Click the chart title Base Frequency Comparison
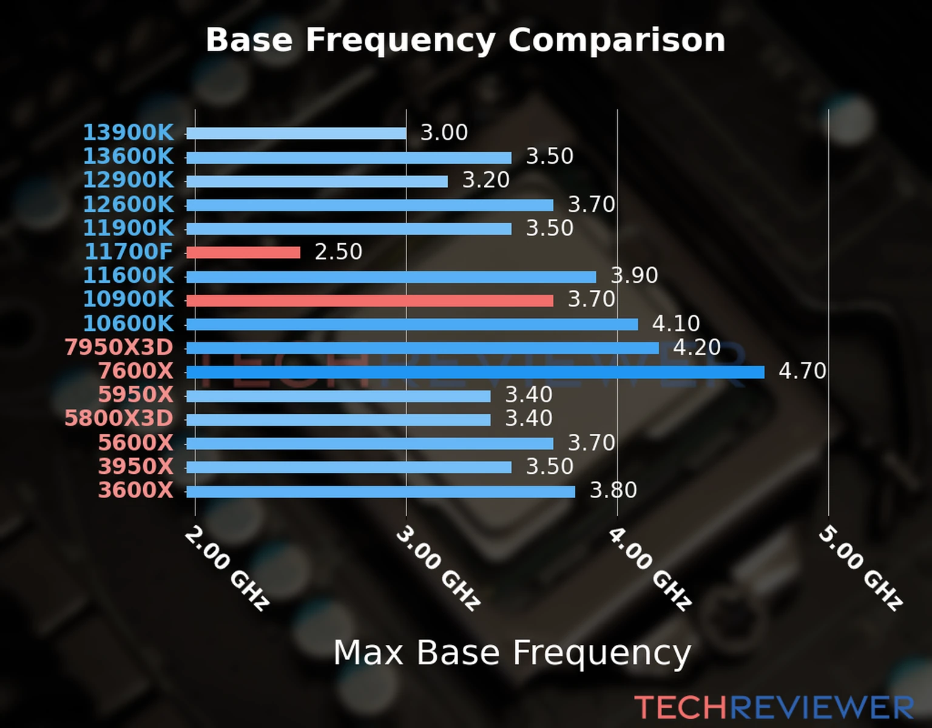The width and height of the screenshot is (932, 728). (x=465, y=40)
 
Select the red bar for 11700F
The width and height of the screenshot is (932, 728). (x=243, y=252)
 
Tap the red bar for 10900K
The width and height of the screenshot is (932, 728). (x=370, y=300)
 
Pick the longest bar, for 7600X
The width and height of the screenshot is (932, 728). (x=474, y=372)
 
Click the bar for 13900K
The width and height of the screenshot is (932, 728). (x=296, y=133)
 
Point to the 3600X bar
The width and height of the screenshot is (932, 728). (x=380, y=491)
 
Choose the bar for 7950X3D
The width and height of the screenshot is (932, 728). (x=422, y=348)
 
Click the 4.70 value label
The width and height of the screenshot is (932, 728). (x=802, y=371)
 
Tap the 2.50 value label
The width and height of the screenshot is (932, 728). (x=338, y=252)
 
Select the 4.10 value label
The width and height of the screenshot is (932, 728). (x=676, y=323)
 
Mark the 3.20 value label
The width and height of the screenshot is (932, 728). (x=486, y=180)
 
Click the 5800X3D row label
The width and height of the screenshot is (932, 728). (x=119, y=419)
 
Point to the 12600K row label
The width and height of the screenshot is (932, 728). (x=128, y=204)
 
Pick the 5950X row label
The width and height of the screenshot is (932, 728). (x=135, y=395)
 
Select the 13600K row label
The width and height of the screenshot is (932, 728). (x=128, y=157)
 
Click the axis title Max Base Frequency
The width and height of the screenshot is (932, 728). (x=512, y=653)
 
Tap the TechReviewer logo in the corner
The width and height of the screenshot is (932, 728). (x=774, y=707)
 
